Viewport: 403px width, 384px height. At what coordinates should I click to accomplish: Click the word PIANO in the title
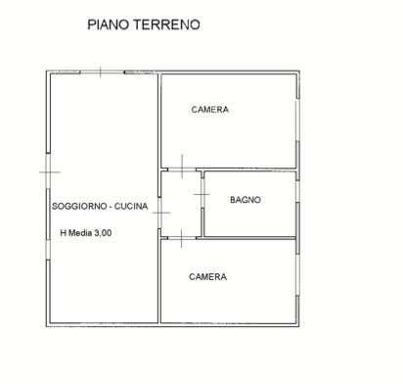tap(109, 24)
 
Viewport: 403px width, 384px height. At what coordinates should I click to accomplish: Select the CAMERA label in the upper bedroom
tap(210, 110)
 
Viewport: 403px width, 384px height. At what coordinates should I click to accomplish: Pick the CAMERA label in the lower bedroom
tap(207, 277)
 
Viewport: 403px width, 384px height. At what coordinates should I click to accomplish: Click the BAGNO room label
tap(246, 200)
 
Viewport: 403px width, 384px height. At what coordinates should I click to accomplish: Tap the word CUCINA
tap(131, 206)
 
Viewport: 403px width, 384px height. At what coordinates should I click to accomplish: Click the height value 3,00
tap(103, 233)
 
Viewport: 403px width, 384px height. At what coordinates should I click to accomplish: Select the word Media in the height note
tap(80, 233)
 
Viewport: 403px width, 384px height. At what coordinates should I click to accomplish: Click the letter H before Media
tap(64, 233)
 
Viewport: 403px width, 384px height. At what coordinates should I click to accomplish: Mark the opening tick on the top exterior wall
tap(101, 72)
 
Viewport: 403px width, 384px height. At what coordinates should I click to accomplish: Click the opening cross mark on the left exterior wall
tap(50, 171)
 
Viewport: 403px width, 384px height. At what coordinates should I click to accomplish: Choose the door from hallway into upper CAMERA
tap(182, 169)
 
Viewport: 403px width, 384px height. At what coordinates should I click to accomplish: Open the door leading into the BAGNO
tap(202, 194)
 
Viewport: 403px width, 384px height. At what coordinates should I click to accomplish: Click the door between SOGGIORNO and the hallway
tap(159, 213)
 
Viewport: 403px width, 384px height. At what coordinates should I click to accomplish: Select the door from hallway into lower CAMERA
tap(182, 238)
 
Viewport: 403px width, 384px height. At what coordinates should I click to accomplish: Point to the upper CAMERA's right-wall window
tap(297, 120)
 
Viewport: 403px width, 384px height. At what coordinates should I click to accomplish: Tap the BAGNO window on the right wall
tap(297, 191)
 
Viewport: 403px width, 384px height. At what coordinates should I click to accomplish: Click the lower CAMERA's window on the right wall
tap(297, 275)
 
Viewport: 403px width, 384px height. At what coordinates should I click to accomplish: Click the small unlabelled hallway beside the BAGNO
tap(181, 204)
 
